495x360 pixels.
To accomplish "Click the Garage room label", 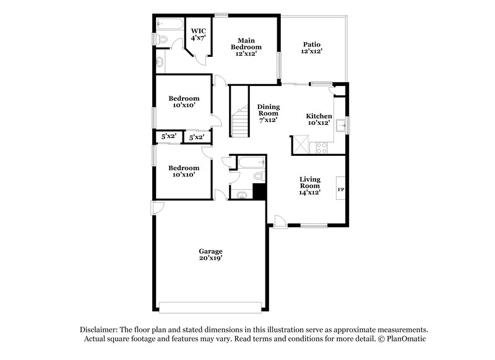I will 210,255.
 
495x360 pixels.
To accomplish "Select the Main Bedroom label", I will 246,47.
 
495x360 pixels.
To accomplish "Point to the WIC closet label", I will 198,34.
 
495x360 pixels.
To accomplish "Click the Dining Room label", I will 268,113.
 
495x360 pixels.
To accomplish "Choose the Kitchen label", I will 319,119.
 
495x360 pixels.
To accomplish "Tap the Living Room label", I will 310,186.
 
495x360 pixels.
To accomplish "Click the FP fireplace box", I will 340,189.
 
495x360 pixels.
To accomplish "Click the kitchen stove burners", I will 322,147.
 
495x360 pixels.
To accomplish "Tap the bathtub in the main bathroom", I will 169,25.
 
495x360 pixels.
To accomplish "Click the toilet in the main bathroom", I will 162,40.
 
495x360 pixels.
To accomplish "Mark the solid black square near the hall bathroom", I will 259,192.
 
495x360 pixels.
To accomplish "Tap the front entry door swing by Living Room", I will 280,220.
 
